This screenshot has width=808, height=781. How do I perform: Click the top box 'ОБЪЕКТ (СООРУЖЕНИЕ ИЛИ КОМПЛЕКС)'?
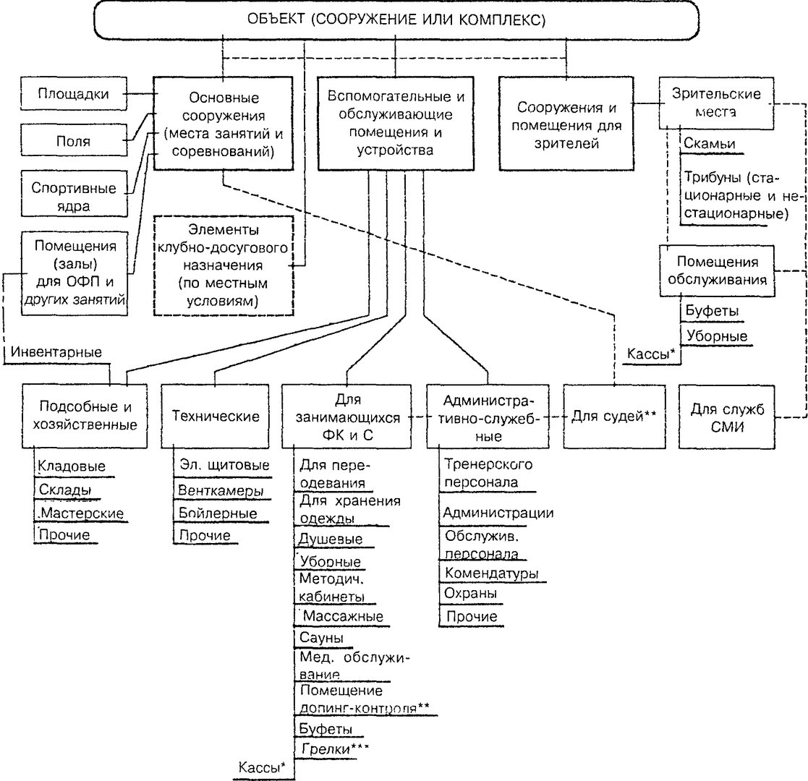point(396,20)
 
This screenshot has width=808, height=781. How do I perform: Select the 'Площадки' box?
point(74,94)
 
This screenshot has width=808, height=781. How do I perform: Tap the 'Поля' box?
point(74,140)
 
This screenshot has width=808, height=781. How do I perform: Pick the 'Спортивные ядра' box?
point(74,196)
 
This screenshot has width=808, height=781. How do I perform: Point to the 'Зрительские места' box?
point(716,103)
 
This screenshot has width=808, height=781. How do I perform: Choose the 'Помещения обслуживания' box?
point(717,271)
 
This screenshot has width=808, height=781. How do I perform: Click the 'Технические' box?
point(215,417)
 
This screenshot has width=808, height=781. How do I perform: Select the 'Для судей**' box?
point(614,417)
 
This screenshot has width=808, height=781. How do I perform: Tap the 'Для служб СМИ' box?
point(727,417)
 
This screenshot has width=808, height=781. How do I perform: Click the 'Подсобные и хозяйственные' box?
point(85,417)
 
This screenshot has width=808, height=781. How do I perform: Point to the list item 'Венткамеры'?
point(221,490)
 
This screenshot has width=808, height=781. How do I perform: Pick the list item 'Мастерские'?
point(82,513)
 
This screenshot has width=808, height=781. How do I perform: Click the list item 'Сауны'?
point(322,638)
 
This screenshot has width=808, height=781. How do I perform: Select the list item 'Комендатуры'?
point(492,573)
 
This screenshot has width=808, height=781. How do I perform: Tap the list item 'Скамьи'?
point(709,144)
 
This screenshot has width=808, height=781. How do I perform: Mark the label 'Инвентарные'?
point(56,352)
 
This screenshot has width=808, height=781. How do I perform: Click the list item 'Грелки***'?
point(335,748)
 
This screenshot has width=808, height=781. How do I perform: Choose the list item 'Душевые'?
point(331,539)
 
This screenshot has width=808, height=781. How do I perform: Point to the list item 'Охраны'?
point(470,594)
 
